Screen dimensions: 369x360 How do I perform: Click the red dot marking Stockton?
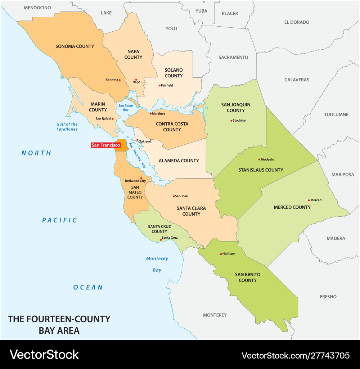click(231, 121)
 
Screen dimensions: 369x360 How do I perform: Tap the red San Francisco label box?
click(105, 145)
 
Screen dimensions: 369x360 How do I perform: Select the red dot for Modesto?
click(259, 159)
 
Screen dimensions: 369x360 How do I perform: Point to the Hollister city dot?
click(221, 254)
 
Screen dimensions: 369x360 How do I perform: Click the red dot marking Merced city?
click(309, 200)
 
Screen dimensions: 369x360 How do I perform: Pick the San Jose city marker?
click(174, 196)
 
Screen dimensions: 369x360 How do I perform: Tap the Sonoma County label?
click(75, 46)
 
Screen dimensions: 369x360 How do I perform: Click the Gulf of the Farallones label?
click(67, 127)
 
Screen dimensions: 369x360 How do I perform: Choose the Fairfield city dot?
click(159, 85)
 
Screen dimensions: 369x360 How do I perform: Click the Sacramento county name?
click(233, 57)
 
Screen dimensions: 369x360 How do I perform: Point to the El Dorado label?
click(297, 22)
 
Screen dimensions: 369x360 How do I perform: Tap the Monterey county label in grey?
click(215, 315)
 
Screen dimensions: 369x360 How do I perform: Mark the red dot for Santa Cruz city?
click(161, 239)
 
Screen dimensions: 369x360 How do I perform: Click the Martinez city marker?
click(150, 114)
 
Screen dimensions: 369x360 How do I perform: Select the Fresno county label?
click(328, 297)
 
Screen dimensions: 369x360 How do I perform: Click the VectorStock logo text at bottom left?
click(44, 355)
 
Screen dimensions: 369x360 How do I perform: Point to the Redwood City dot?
click(141, 178)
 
